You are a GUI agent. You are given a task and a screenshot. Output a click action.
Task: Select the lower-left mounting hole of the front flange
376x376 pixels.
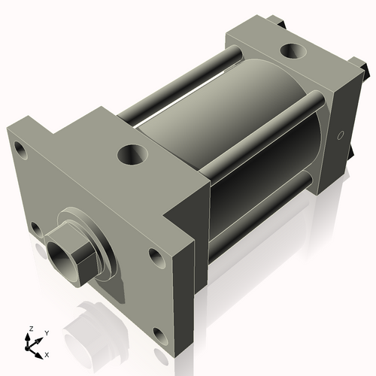[35, 227]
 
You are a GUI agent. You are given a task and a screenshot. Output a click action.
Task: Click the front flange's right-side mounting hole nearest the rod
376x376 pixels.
[156, 258]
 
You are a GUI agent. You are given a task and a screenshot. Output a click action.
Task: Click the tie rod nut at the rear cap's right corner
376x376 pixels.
[367, 72]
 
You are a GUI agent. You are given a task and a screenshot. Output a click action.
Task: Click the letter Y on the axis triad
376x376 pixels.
[46, 332]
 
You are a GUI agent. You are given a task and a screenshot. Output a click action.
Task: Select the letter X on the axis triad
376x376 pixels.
[47, 353]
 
